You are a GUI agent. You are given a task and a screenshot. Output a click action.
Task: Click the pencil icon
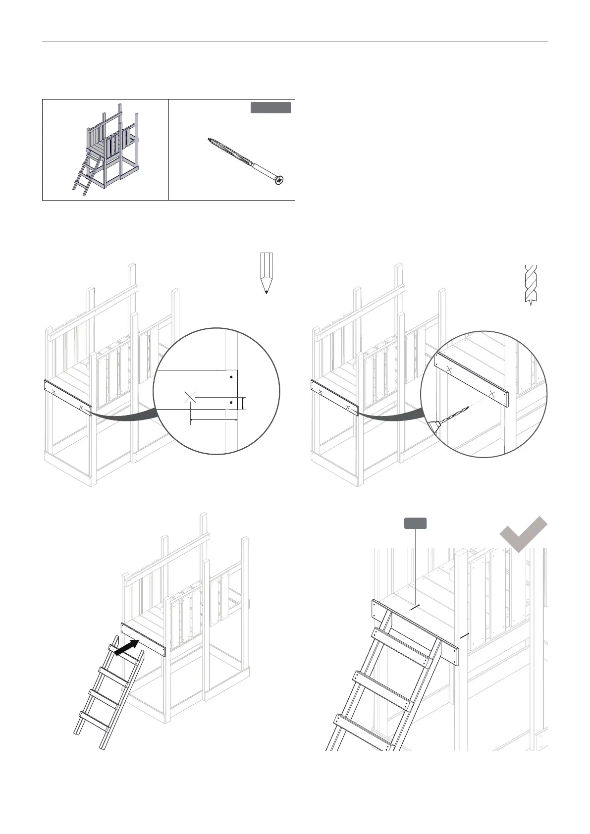267,272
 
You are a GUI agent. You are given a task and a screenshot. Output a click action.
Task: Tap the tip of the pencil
267,292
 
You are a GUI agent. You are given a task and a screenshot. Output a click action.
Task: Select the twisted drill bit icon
531,284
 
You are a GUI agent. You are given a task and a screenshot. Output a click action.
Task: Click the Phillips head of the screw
280,181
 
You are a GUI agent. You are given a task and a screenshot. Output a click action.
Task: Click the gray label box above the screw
270,108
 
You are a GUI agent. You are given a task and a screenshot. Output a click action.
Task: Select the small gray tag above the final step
416,523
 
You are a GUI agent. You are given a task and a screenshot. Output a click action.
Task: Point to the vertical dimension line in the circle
243,403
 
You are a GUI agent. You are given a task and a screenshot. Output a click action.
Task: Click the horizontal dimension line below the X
214,420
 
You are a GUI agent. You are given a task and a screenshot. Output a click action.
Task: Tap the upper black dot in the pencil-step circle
231,377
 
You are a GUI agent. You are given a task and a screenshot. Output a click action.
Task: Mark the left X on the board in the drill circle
448,369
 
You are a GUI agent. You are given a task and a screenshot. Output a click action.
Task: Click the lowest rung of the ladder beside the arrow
94,721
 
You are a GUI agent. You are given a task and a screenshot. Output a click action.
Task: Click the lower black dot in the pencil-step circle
231,403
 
